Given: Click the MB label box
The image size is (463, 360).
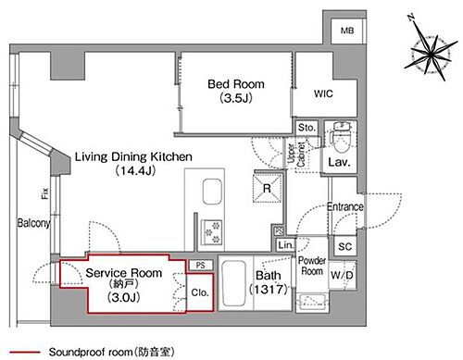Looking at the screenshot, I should point(347,31).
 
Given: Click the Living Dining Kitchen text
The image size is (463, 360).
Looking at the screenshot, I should point(133,158).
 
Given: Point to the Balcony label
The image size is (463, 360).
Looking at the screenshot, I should point(32,223).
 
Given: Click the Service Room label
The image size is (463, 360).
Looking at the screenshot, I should point(124,273).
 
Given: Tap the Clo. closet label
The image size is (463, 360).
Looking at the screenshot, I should point(199,293).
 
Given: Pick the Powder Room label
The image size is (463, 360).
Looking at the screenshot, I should point(310,265).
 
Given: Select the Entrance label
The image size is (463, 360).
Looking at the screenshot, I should point(344,205).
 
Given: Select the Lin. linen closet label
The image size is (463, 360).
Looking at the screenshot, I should point(286,244).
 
